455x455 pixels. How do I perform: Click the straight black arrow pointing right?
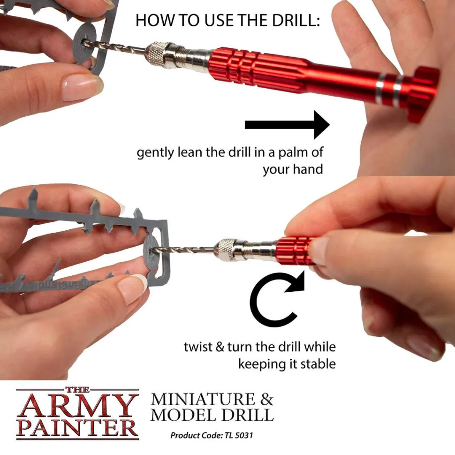(287, 125)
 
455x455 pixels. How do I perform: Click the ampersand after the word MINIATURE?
(266, 399)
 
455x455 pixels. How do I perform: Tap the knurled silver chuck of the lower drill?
(227, 250)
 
